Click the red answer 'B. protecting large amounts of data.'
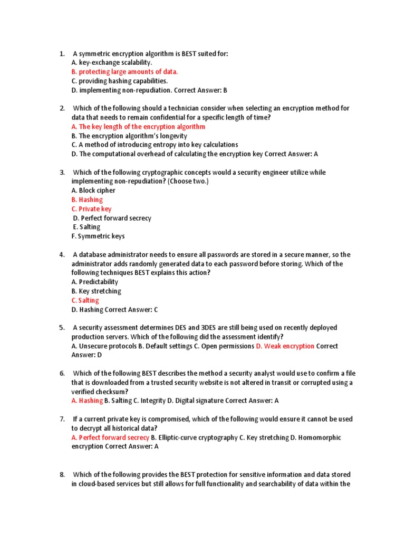(x=124, y=72)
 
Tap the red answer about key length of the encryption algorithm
(x=138, y=127)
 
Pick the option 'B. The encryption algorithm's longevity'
(x=129, y=136)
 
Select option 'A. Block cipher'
(x=93, y=191)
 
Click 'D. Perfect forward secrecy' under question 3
(x=112, y=218)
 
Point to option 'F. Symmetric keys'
(x=98, y=236)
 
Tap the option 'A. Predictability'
(x=95, y=282)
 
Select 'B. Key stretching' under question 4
(x=96, y=291)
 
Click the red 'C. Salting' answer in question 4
(x=85, y=301)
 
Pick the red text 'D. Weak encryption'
(x=285, y=346)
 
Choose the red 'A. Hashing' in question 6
(x=87, y=401)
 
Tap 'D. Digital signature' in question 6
(x=195, y=401)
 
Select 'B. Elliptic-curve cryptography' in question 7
(x=194, y=437)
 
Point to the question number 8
(x=62, y=475)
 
